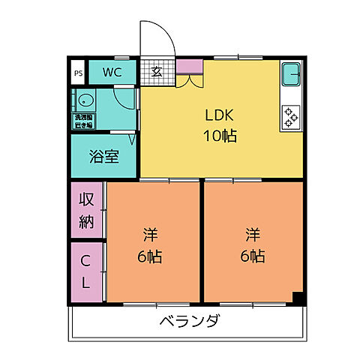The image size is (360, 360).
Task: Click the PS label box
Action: [78, 73]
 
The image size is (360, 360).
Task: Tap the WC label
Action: [112, 73]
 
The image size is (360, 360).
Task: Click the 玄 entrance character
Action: [157, 73]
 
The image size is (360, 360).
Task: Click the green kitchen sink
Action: [291, 75]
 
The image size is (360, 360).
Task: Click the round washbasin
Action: [82, 100]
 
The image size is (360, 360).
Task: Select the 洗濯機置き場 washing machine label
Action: [82, 121]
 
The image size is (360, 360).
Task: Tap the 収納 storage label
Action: [87, 211]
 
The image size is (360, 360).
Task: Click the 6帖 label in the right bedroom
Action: [252, 256]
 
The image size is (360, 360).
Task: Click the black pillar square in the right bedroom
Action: [298, 298]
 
